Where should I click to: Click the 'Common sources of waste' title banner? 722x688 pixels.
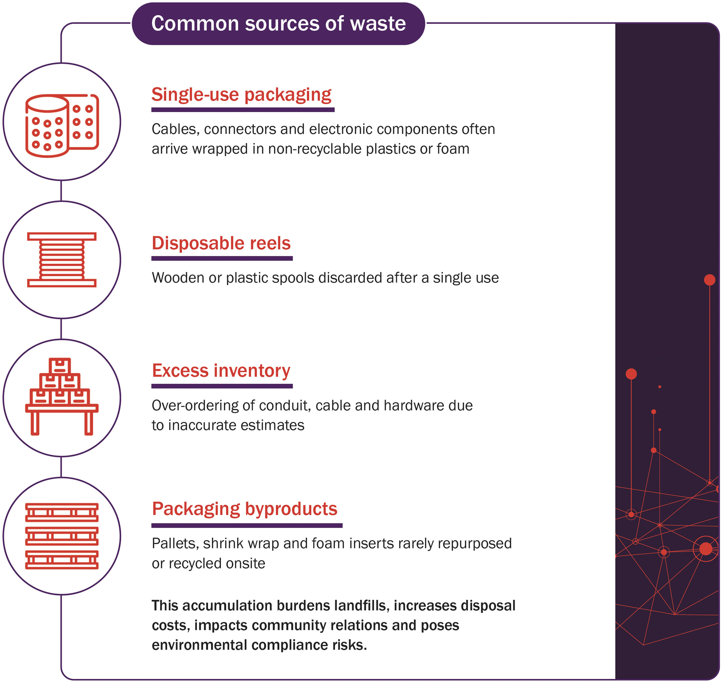coord(278,24)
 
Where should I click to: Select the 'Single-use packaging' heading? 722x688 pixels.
coord(242,95)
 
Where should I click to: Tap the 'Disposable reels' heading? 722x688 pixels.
coord(221,243)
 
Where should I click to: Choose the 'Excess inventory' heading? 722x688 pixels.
coord(221,370)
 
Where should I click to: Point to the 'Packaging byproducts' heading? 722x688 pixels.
coord(245,509)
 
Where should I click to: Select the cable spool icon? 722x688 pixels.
coord(62,260)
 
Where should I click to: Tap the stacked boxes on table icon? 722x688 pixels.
coord(62,397)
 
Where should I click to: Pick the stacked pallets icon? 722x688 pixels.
coord(62,536)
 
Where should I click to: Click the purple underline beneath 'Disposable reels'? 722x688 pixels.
coord(222,259)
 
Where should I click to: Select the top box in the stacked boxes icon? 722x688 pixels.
coord(60,366)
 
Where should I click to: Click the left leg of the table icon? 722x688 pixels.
coord(35,423)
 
